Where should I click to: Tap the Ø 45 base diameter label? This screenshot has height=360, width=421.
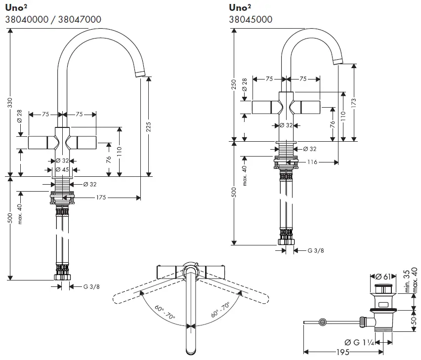tap(62, 169)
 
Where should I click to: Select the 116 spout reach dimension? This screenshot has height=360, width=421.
tap(311, 161)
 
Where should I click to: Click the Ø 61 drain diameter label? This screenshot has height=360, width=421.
tap(384, 276)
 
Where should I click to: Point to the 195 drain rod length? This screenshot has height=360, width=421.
tap(343, 352)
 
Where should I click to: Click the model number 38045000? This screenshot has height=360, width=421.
tap(250, 19)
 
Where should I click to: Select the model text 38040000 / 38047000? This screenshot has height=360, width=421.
tap(53, 19)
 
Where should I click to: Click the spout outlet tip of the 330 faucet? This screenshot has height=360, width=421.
tap(140, 75)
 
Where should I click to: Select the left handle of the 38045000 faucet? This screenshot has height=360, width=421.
tap(265, 107)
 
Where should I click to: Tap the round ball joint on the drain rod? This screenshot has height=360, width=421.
tap(323, 322)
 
